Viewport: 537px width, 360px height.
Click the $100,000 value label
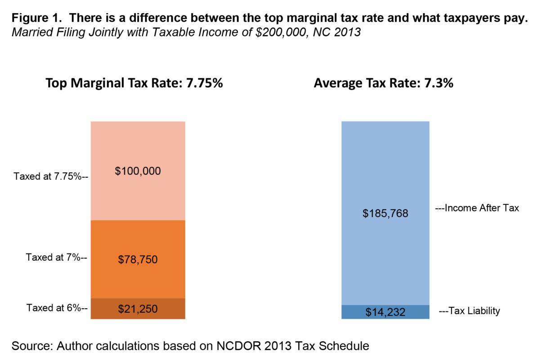pos(138,171)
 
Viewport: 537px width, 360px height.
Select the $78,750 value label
pos(138,259)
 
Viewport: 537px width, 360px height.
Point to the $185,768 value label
pos(385,213)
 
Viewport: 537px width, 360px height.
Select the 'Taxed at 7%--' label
pos(56,257)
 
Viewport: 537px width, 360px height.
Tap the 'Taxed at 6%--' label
pos(56,308)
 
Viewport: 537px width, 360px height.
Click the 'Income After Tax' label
pos(477,208)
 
